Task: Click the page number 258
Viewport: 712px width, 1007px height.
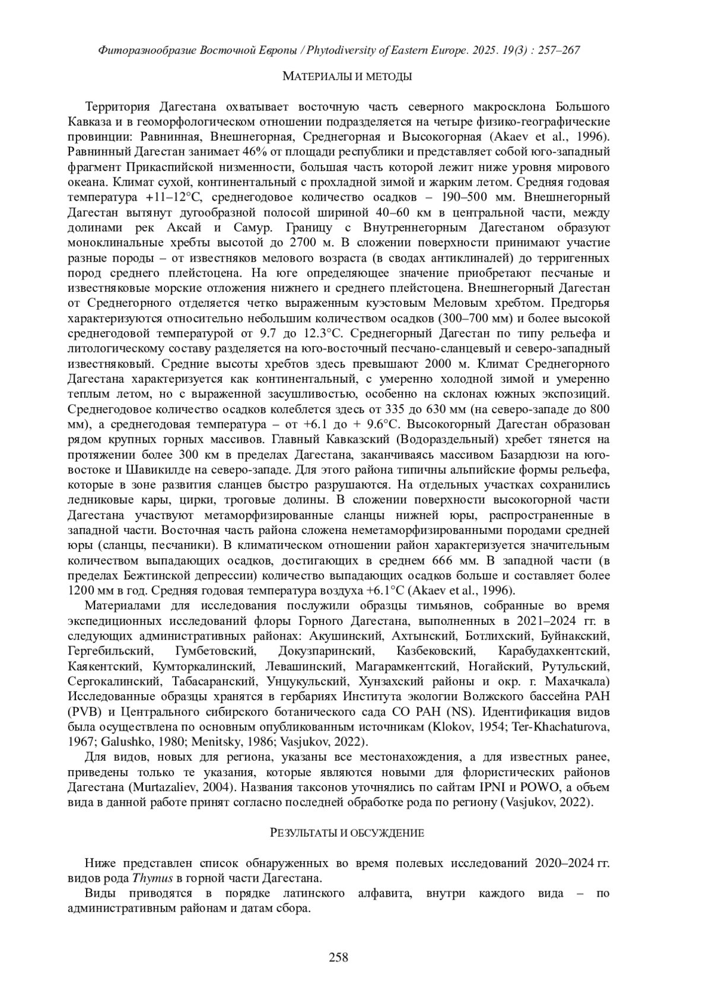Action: [338, 957]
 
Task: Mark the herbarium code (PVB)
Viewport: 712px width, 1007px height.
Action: [84, 711]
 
